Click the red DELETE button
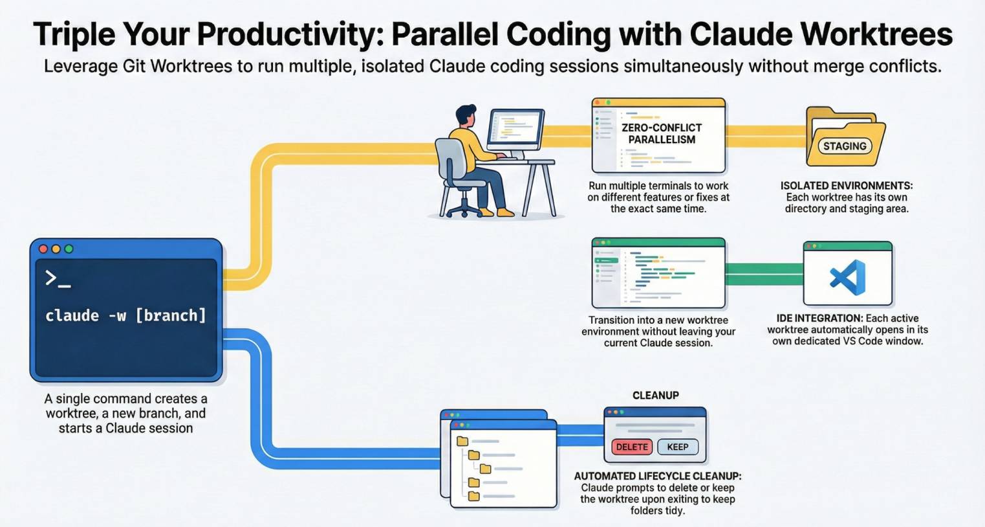click(631, 447)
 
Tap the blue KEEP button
click(677, 447)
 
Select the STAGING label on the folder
click(844, 146)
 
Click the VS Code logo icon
click(848, 277)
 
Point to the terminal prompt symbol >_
click(57, 279)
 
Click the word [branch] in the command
click(171, 315)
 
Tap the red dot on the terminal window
click(43, 249)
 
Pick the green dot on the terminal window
click(69, 249)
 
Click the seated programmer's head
click(466, 117)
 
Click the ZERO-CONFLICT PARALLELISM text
click(662, 133)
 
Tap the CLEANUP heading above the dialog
click(655, 395)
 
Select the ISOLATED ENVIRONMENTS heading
click(846, 186)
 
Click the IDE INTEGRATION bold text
click(819, 319)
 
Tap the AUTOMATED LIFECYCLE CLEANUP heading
click(657, 476)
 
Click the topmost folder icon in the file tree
click(462, 442)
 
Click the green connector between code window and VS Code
click(764, 275)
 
